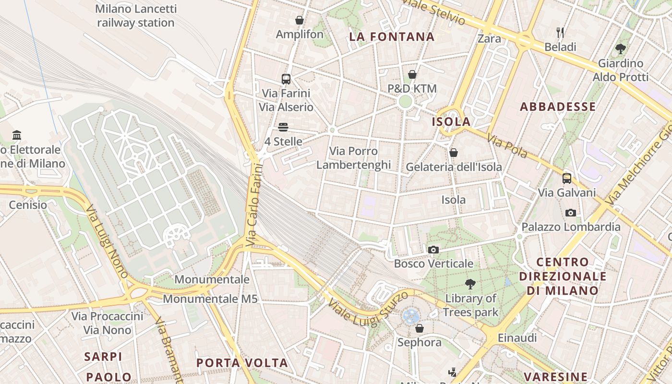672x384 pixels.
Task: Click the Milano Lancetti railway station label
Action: (x=136, y=16)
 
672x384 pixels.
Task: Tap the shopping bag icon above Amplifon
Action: (x=300, y=20)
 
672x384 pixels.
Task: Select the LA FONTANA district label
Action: (x=392, y=37)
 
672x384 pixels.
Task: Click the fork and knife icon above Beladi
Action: (x=560, y=33)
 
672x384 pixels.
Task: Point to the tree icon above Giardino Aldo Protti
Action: (x=620, y=48)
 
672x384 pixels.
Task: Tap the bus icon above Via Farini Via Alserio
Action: (x=286, y=79)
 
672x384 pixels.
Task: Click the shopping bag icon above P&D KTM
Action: (x=412, y=74)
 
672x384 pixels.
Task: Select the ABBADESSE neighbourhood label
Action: (x=558, y=107)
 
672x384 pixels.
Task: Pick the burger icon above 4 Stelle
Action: (x=283, y=127)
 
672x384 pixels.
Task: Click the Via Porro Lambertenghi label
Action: (x=354, y=158)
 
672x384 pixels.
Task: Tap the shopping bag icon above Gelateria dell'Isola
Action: (x=454, y=153)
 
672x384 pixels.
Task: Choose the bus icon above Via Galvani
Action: (x=567, y=179)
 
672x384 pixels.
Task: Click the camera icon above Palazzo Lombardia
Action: (x=571, y=213)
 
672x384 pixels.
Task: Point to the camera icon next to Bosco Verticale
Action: (x=433, y=250)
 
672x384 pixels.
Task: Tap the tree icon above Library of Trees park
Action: (x=470, y=284)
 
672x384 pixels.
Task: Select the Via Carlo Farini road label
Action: (x=254, y=205)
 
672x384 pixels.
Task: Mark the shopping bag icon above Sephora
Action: (x=420, y=328)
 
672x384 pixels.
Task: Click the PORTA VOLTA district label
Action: (x=242, y=363)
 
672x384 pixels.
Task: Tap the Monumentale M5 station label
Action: (x=210, y=299)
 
